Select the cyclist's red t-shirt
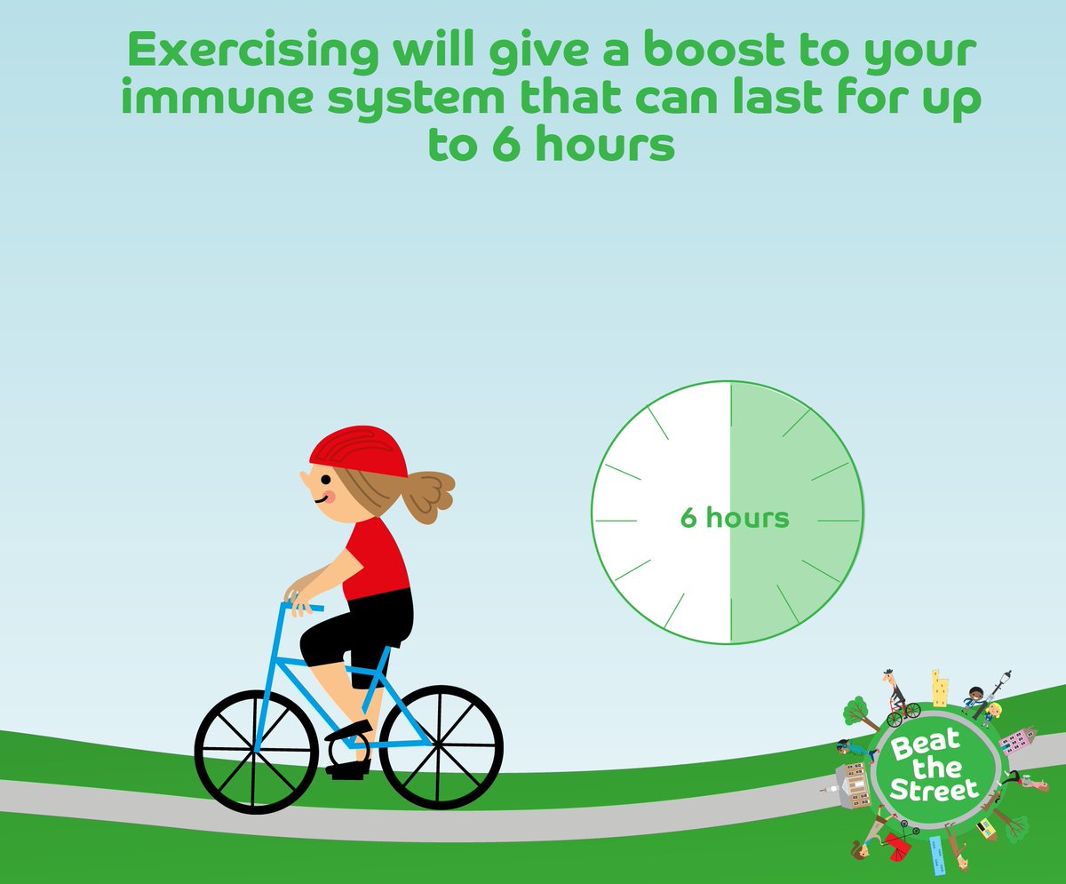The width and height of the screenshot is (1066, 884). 377,560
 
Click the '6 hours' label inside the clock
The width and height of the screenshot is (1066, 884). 734,517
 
